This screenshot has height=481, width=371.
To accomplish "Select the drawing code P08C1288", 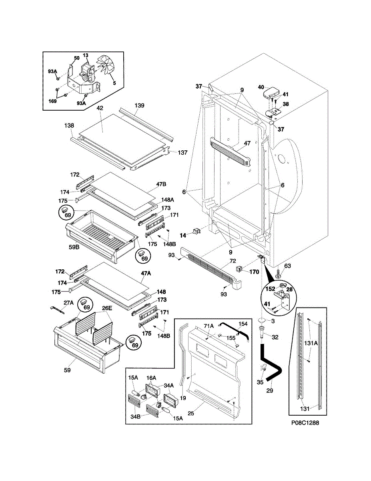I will click(305, 423).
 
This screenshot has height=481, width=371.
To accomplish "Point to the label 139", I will click(139, 105).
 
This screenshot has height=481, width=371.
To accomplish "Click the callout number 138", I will click(68, 125).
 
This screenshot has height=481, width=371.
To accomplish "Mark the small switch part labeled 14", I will click(196, 231).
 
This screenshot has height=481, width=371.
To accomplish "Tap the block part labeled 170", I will click(239, 269).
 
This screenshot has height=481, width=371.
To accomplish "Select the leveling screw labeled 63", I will click(278, 274).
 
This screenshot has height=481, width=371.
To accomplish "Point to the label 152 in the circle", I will click(269, 289).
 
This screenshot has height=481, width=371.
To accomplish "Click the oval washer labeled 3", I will click(262, 320).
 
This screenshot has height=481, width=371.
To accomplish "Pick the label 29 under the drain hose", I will click(269, 390).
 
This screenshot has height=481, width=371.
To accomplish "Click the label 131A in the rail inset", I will click(311, 343).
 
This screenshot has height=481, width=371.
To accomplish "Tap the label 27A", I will click(69, 303).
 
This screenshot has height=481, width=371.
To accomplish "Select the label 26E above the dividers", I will click(107, 308).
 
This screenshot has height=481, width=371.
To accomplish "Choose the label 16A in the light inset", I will click(151, 378).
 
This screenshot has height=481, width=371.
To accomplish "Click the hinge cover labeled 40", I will click(269, 91).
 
